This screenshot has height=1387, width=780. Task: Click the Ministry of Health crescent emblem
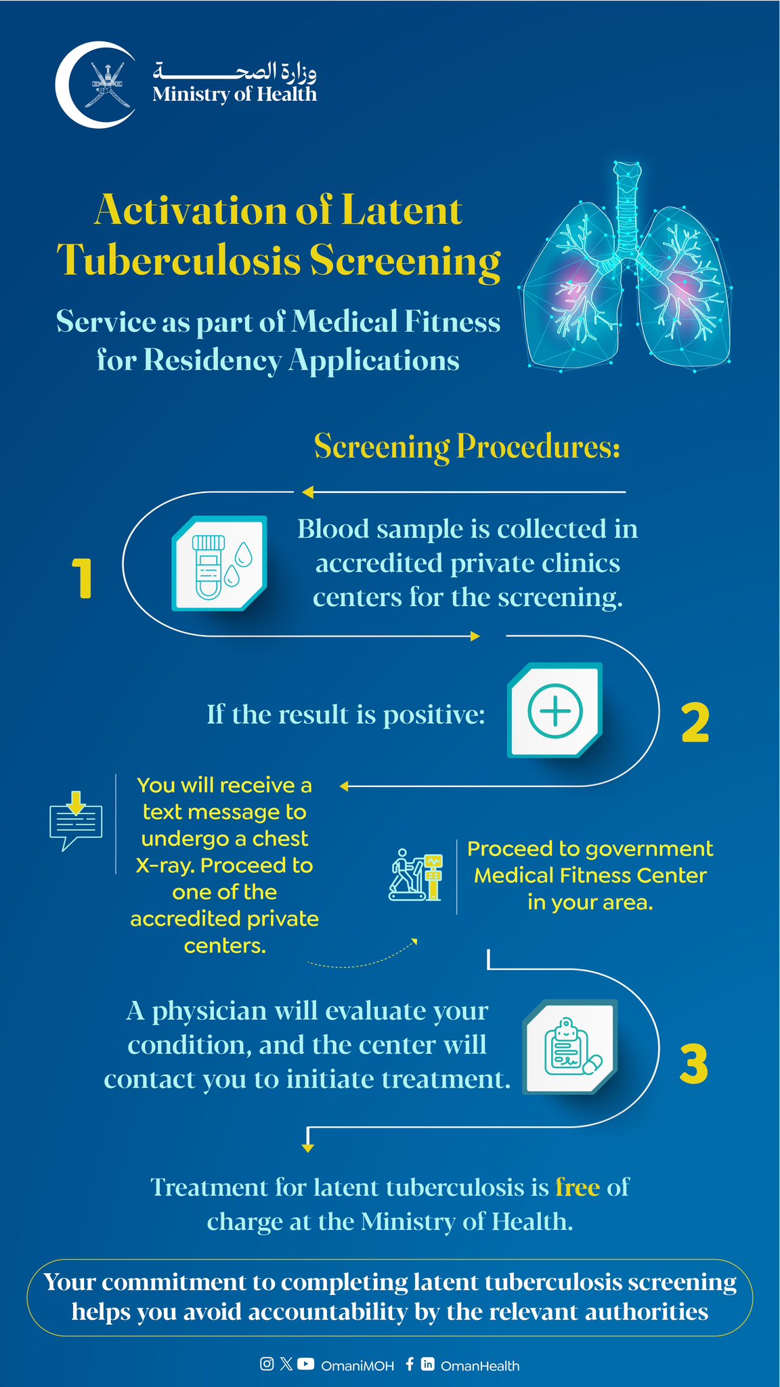coord(95,85)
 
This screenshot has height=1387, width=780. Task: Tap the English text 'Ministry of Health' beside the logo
coord(234,94)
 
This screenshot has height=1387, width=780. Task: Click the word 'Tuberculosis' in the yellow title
coord(178,261)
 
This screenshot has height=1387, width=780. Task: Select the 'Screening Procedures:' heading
coord(467,447)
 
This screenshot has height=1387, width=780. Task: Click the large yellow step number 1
coord(83,578)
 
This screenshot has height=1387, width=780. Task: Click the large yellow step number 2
coord(695,723)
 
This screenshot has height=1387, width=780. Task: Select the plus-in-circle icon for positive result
coord(555,710)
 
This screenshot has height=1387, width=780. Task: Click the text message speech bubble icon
coord(76,821)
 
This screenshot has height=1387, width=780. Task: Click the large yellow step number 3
coord(693,1064)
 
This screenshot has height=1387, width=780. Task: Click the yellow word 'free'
coord(577,1187)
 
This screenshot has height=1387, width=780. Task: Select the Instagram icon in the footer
coord(267,1364)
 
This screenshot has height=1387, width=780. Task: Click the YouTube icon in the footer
coord(306,1364)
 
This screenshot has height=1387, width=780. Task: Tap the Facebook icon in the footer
coord(410,1364)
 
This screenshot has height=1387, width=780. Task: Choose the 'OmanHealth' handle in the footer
coord(480,1366)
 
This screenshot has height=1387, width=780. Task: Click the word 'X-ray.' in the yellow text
coord(165,866)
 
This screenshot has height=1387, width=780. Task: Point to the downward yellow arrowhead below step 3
coord(308,1148)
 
